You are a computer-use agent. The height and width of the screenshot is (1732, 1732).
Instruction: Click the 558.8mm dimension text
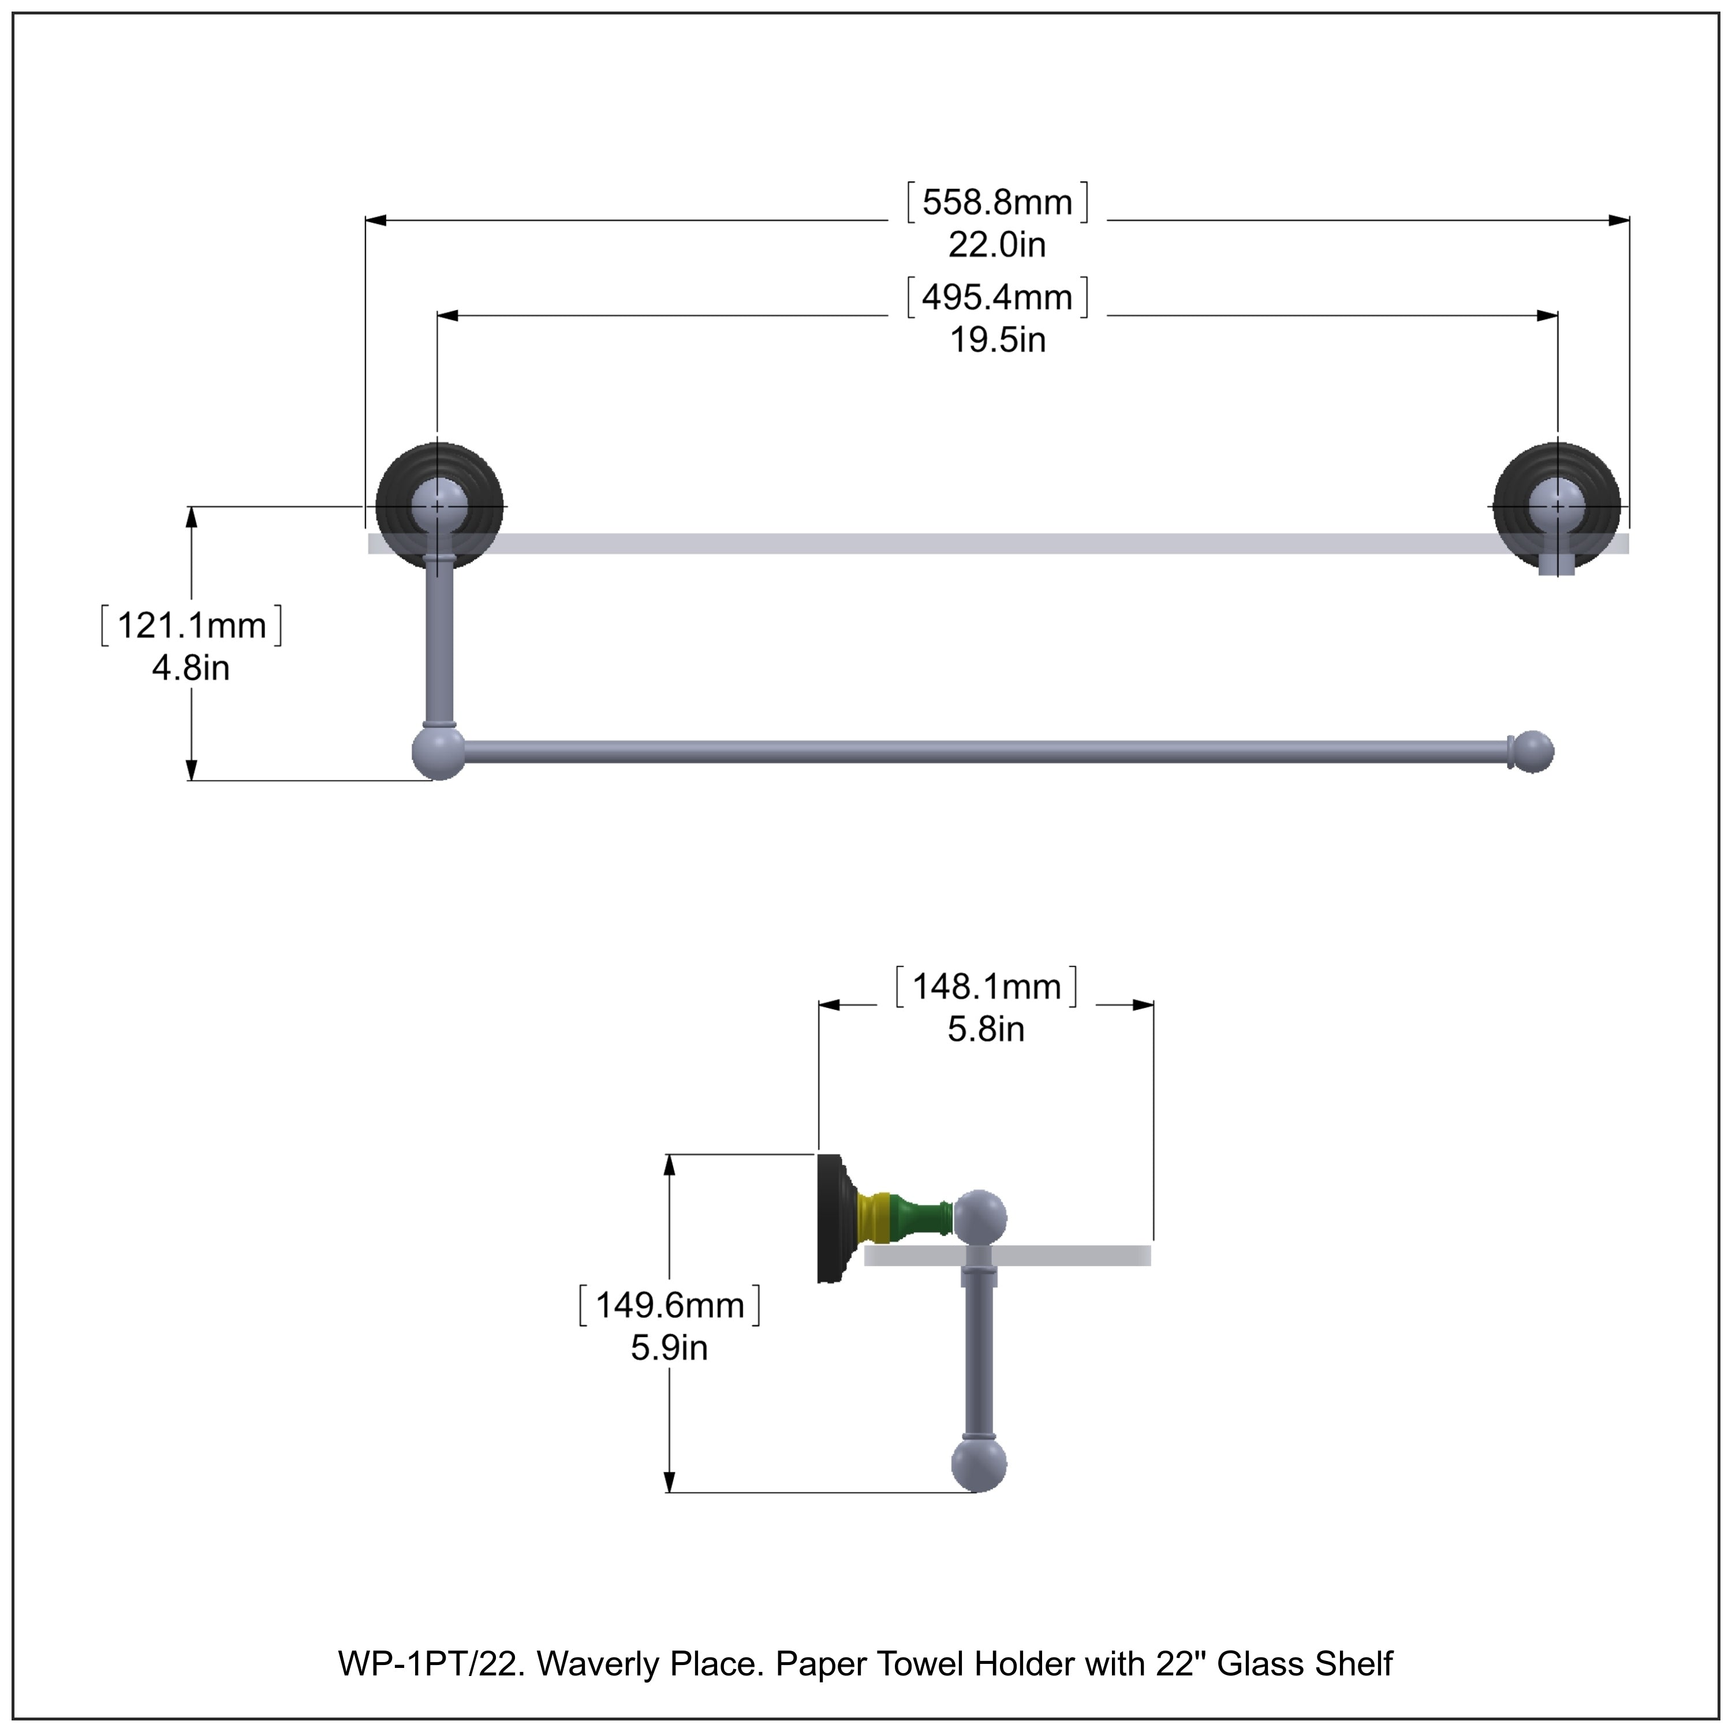[x=997, y=203]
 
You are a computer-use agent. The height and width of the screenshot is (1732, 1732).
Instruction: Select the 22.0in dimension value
[x=997, y=245]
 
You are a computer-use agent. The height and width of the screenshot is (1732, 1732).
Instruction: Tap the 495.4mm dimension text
[x=997, y=298]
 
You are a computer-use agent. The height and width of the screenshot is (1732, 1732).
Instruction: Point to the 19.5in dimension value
[x=997, y=341]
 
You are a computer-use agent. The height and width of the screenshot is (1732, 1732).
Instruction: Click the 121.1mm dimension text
[x=192, y=626]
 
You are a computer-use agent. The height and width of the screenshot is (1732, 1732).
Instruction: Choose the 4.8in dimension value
[x=191, y=668]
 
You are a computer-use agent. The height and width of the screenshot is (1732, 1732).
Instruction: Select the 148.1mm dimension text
[x=986, y=987]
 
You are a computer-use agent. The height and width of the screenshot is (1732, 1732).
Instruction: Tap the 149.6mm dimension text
[x=670, y=1305]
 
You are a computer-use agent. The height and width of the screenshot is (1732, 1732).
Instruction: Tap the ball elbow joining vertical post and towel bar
[x=438, y=753]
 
